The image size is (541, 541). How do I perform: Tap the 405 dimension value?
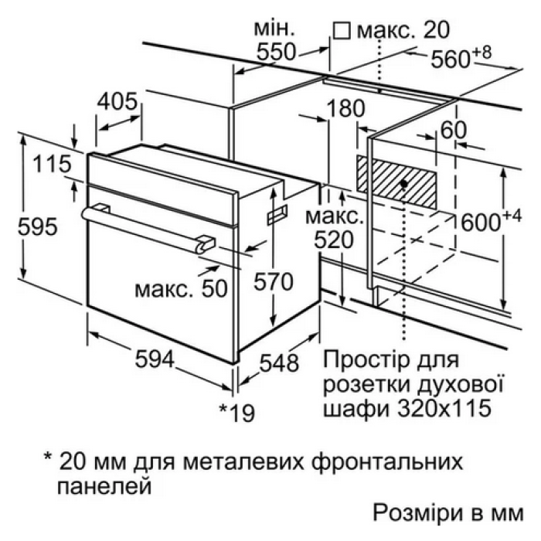tap(117, 101)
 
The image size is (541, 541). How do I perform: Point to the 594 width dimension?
tap(158, 359)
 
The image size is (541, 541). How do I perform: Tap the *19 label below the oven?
tap(236, 413)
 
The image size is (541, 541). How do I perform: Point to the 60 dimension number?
tap(451, 130)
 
